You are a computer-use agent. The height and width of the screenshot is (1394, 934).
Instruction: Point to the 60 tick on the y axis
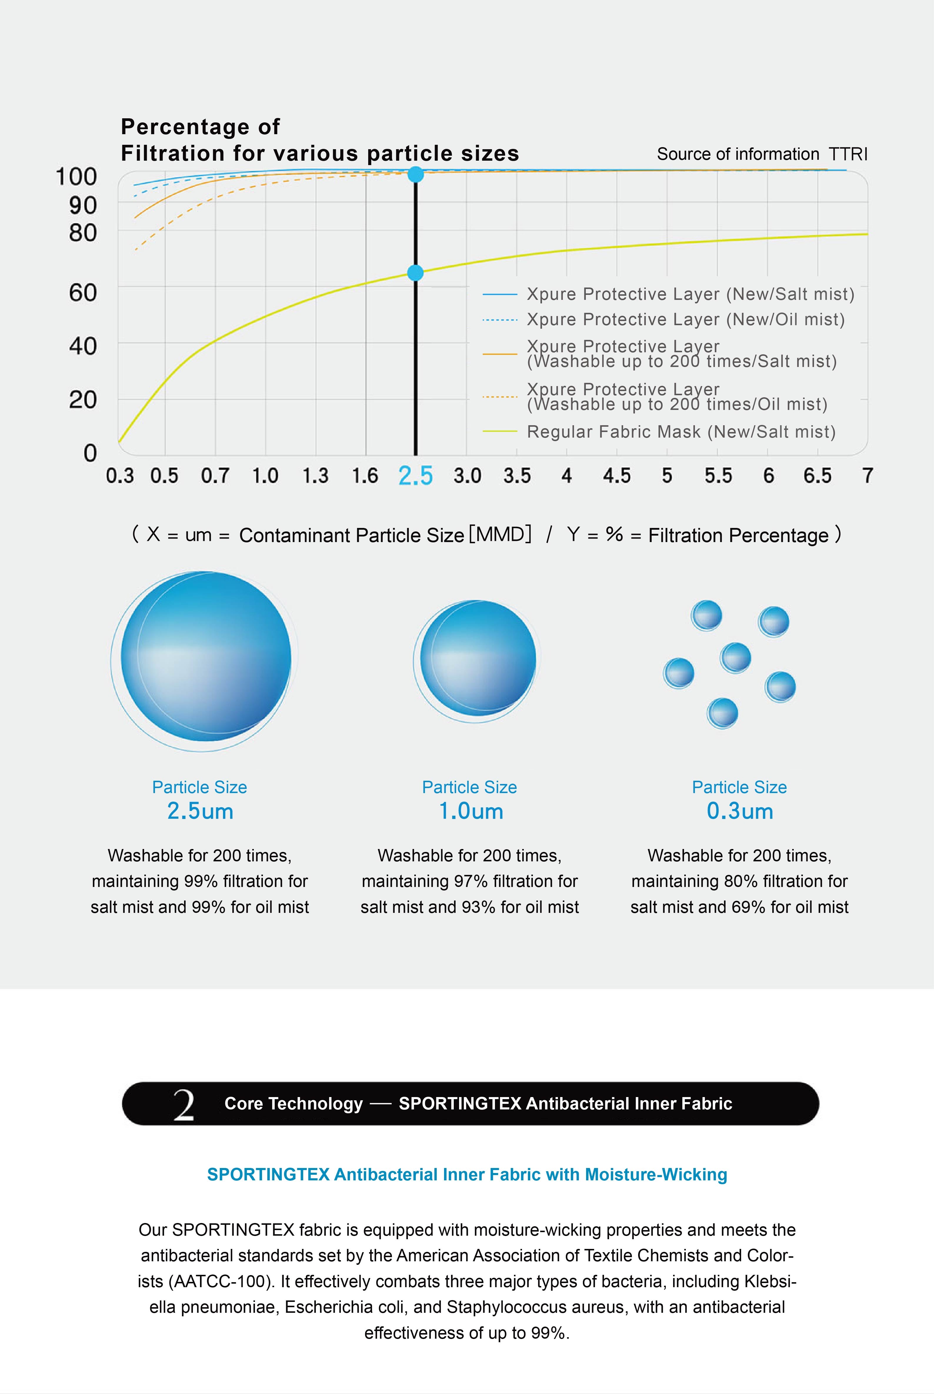[83, 293]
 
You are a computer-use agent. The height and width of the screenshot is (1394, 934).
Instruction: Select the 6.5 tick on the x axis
[817, 476]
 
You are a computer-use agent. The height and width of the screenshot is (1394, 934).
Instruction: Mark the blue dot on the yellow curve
[415, 273]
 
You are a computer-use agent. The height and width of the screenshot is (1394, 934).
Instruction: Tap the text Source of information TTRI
[762, 154]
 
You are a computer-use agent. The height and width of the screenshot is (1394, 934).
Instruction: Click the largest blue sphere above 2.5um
[206, 657]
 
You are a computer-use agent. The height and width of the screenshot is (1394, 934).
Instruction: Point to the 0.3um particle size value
[740, 811]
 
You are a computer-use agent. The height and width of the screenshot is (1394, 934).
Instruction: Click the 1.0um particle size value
[471, 811]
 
